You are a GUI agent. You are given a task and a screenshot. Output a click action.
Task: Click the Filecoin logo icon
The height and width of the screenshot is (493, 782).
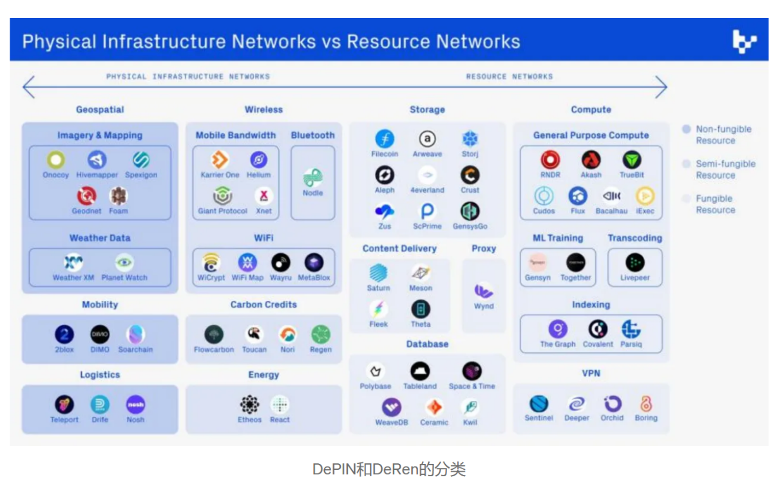(x=385, y=139)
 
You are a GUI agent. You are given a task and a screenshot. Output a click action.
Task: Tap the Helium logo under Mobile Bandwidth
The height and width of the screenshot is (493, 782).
(x=258, y=160)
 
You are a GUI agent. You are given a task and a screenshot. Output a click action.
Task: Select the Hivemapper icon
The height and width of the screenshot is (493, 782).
(x=97, y=160)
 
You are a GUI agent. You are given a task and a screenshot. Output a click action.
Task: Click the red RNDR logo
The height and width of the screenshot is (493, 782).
(x=550, y=160)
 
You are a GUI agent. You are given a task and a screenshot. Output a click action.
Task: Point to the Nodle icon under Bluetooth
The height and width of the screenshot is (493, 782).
(x=313, y=178)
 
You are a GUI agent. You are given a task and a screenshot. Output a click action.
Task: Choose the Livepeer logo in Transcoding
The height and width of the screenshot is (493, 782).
(x=634, y=262)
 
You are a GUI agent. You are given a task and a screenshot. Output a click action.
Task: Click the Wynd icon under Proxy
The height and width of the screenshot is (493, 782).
(x=484, y=291)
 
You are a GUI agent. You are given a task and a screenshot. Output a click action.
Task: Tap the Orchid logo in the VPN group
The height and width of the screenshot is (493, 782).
(x=612, y=403)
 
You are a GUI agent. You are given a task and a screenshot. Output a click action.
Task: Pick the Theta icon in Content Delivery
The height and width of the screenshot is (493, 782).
(x=421, y=309)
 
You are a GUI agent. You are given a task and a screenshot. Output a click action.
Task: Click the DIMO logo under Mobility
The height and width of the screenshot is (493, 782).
(x=100, y=334)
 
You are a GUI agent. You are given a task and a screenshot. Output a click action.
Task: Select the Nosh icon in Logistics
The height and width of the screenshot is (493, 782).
(x=135, y=404)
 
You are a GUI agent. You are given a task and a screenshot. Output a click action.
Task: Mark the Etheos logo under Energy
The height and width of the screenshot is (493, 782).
(x=249, y=404)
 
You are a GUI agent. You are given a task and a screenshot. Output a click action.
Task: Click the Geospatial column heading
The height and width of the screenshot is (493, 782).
(x=100, y=110)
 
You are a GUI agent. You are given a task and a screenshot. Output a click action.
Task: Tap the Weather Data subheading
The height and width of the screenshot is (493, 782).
(x=100, y=238)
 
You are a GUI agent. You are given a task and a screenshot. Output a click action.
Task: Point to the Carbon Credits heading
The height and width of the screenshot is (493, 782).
(x=263, y=304)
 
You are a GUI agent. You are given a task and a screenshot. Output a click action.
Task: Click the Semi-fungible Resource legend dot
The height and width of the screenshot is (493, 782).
(x=687, y=164)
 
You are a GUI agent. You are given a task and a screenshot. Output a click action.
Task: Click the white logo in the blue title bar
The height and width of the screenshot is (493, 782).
(x=745, y=41)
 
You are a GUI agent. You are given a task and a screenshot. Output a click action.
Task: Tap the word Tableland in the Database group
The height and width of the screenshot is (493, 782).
(x=420, y=386)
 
